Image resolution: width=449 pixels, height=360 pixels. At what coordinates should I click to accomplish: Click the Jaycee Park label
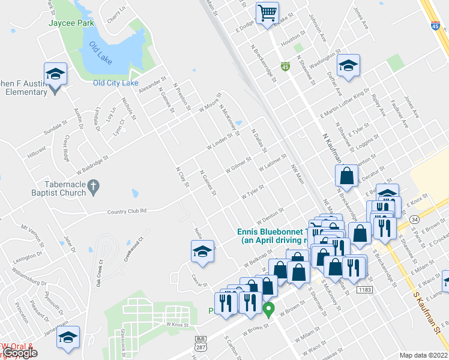click(x=72, y=23)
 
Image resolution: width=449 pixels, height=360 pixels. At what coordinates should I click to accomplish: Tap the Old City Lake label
click(x=116, y=83)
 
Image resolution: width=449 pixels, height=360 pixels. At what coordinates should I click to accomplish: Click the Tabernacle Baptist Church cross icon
click(x=92, y=188)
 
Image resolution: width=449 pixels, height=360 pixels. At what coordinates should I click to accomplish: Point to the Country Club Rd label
click(x=127, y=211)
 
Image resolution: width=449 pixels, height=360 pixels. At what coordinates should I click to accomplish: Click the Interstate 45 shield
click(x=434, y=26)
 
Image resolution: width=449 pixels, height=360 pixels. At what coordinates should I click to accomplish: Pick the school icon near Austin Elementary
click(x=56, y=74)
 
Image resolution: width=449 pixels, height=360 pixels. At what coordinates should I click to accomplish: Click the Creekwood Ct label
click(x=136, y=247)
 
